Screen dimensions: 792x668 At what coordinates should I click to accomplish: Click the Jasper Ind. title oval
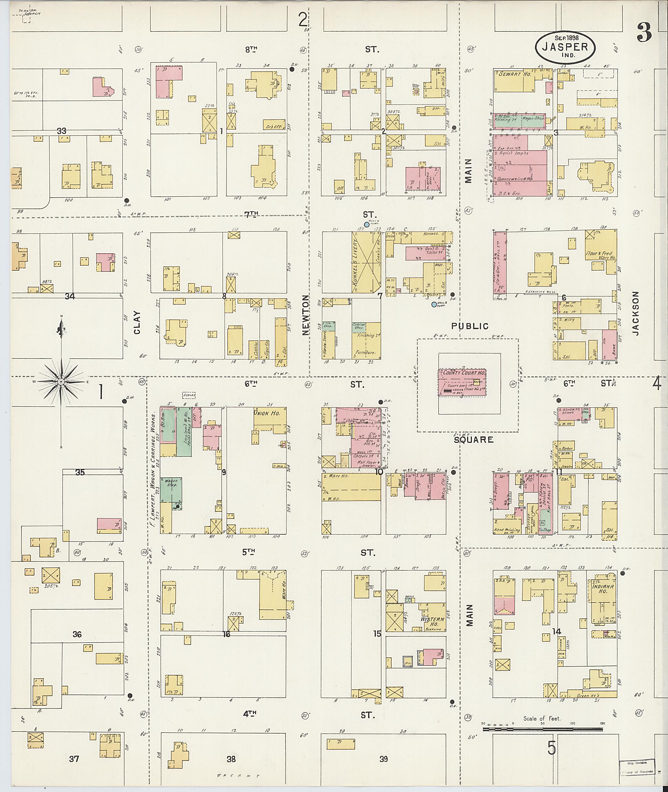[x=565, y=47]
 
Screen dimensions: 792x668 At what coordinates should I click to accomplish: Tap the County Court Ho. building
[x=462, y=383]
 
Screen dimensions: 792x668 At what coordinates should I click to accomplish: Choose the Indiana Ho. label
[x=603, y=588]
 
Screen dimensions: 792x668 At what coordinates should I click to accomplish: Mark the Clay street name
[x=137, y=322]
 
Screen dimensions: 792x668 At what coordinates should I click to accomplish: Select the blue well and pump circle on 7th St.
[x=367, y=225]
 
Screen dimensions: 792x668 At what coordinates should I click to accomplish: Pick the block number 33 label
[x=61, y=131]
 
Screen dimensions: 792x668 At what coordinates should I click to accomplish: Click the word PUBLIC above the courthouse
[x=470, y=326]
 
